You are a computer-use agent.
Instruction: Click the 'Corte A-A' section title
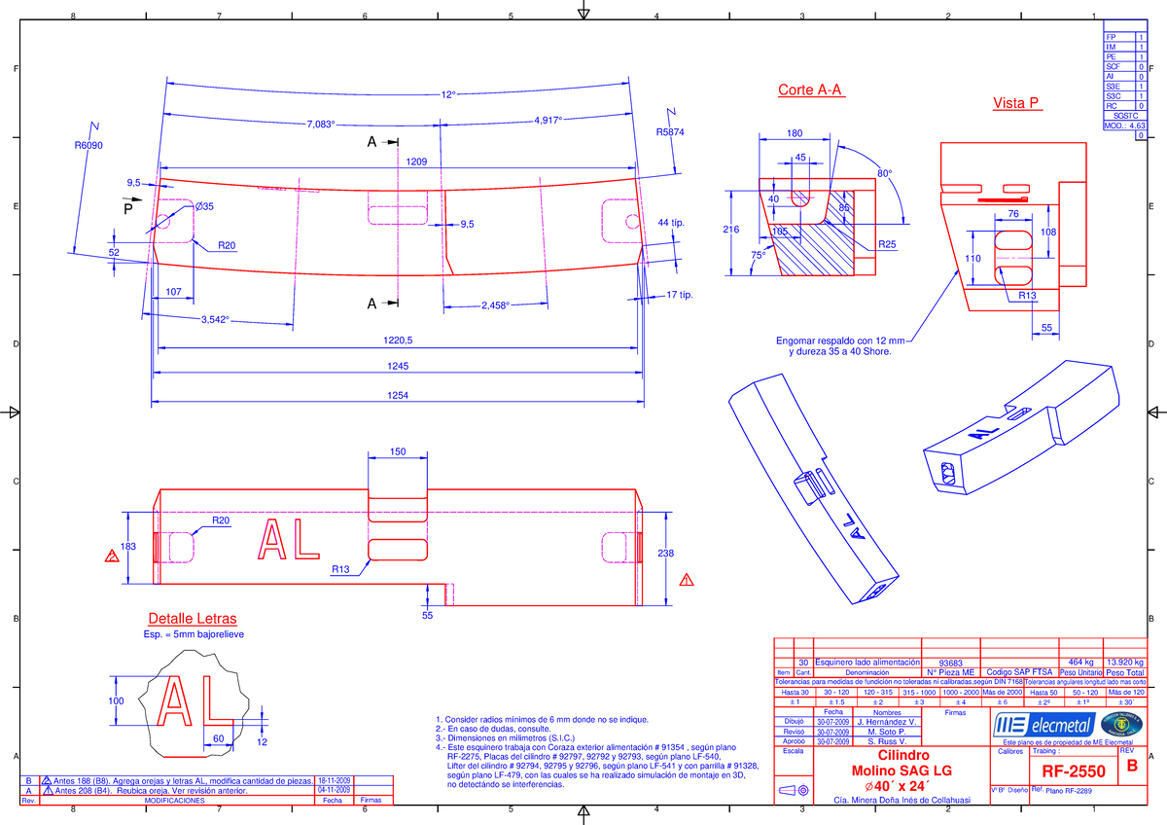click(811, 90)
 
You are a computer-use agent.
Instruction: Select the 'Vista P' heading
click(1016, 103)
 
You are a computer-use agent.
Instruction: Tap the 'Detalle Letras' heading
click(192, 619)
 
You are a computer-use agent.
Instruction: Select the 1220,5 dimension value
click(397, 341)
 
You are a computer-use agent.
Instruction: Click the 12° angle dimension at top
click(448, 95)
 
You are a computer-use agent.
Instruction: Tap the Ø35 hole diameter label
click(204, 206)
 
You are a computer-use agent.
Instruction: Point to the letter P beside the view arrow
click(125, 209)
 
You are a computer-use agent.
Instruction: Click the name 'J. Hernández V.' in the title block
click(887, 721)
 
